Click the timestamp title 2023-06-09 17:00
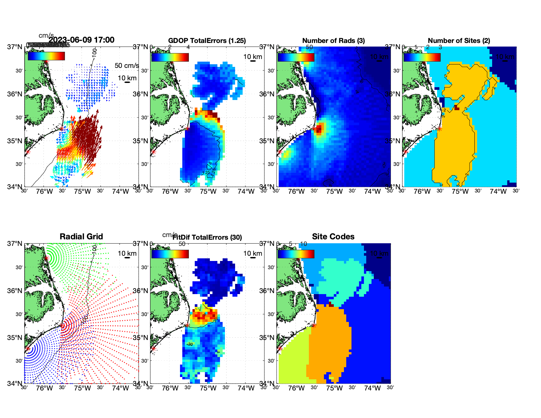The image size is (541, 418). pyautogui.click(x=81, y=40)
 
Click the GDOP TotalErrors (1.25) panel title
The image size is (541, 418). pyautogui.click(x=207, y=41)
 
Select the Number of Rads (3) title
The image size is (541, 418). pyautogui.click(x=333, y=41)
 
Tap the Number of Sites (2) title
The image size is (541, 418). pyautogui.click(x=459, y=41)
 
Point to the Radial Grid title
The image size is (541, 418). pyautogui.click(x=81, y=237)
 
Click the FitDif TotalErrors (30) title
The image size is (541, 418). pyautogui.click(x=207, y=237)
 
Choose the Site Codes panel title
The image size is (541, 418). pyautogui.click(x=333, y=237)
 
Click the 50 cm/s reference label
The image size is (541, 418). pyautogui.click(x=127, y=66)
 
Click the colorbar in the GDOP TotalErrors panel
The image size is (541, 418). pyautogui.click(x=170, y=57)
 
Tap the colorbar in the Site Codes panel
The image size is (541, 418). pyautogui.click(x=296, y=254)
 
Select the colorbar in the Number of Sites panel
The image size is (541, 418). pyautogui.click(x=422, y=57)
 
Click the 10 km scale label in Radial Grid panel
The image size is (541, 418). pyautogui.click(x=127, y=253)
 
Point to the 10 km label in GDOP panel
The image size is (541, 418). pyautogui.click(x=253, y=57)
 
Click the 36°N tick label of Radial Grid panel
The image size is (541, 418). pyautogui.click(x=15, y=291)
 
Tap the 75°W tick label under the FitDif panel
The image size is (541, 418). pyautogui.click(x=208, y=388)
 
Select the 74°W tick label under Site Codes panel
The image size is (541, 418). pyautogui.click(x=372, y=388)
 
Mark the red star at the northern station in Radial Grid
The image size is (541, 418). pyautogui.click(x=46, y=258)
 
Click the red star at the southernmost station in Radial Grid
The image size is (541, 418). pyautogui.click(x=28, y=349)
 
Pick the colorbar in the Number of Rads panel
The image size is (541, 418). pyautogui.click(x=296, y=57)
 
